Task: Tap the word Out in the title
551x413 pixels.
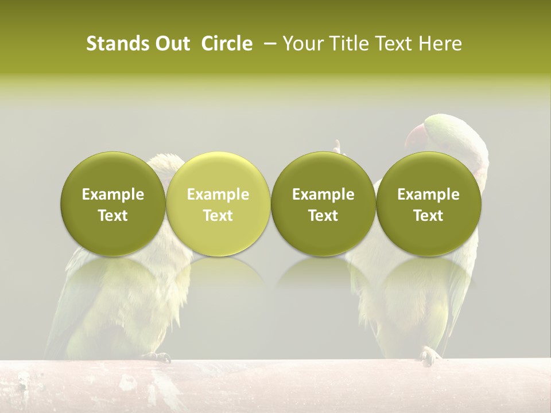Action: coord(172,44)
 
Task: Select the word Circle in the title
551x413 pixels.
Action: coord(227,44)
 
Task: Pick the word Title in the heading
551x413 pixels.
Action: coord(348,44)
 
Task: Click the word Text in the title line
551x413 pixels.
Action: coord(395,44)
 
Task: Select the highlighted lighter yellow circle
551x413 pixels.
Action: coord(218,204)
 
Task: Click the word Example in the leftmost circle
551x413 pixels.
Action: coord(112,194)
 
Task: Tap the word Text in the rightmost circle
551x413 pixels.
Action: coord(428,216)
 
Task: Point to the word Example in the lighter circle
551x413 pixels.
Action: coord(218,194)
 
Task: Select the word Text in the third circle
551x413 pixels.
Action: coord(323,216)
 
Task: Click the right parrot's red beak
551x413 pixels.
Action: coord(415,138)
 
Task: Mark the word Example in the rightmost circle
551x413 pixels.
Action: coord(428,194)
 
